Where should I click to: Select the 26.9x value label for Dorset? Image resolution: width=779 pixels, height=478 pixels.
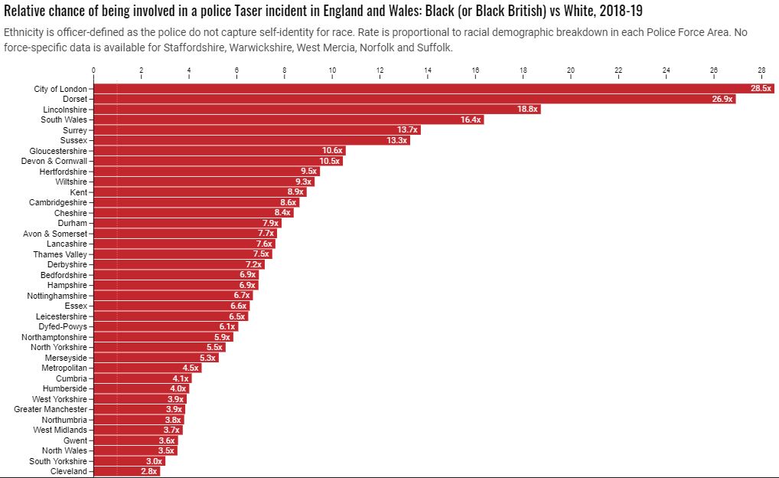point(722,100)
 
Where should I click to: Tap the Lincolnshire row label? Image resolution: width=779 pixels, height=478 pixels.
point(64,110)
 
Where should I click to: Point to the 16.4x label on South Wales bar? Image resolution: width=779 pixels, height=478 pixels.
point(471,120)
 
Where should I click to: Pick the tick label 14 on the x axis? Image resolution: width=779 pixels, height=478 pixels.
point(428,70)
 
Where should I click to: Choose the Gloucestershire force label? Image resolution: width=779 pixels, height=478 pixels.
point(58,151)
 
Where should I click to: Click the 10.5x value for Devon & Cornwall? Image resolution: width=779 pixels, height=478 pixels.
point(330,162)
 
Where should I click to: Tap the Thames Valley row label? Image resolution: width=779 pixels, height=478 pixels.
point(60,254)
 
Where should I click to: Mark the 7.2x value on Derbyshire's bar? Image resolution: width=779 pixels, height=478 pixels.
point(253,265)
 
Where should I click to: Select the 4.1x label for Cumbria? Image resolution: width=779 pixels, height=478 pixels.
point(180,378)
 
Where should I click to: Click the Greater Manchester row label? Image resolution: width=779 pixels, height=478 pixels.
point(51,410)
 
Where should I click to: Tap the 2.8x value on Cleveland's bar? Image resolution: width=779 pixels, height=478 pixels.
point(148,472)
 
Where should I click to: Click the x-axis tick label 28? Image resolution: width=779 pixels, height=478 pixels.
point(761,70)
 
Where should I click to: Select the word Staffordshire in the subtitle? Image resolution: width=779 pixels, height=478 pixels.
point(194,47)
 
